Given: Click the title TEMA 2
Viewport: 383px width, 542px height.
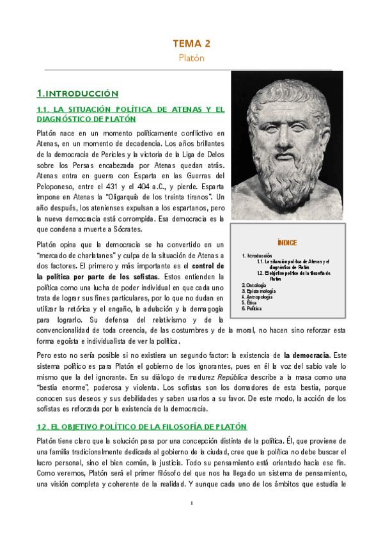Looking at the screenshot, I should pos(191,43).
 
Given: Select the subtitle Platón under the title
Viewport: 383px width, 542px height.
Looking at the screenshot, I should pos(191,58).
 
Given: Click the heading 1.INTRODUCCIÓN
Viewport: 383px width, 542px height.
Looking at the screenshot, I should pos(78,93).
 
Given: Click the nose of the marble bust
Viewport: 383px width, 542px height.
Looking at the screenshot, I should pos(282,127).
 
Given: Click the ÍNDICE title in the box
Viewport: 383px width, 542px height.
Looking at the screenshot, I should pos(287,242).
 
